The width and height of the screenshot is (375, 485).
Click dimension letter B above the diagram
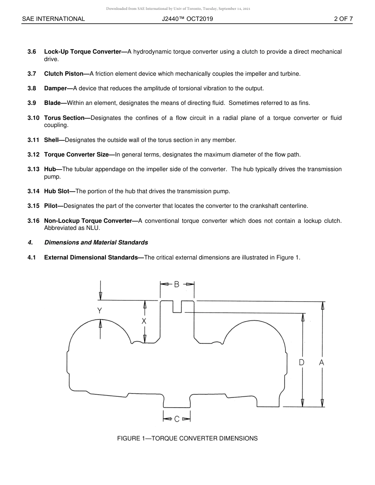177,284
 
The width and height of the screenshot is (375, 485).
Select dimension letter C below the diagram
177,419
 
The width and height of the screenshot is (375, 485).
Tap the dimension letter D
302,362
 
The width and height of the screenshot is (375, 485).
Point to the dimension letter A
322,362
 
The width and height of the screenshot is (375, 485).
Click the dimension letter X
144,321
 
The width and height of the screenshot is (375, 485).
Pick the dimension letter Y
100,311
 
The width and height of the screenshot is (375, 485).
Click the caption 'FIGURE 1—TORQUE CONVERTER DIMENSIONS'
187,438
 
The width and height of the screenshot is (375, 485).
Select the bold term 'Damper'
55,88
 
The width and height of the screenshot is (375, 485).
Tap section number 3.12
34,155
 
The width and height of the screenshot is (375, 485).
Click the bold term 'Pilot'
52,206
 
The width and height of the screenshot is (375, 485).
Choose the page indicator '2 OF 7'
343,19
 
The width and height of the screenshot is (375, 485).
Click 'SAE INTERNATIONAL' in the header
53,19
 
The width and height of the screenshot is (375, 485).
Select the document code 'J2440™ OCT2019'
187,19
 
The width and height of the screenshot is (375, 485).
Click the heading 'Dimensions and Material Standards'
96,242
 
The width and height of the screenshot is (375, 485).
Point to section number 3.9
32,103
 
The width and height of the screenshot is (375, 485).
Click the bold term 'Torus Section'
64,118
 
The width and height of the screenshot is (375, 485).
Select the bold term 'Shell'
52,140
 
